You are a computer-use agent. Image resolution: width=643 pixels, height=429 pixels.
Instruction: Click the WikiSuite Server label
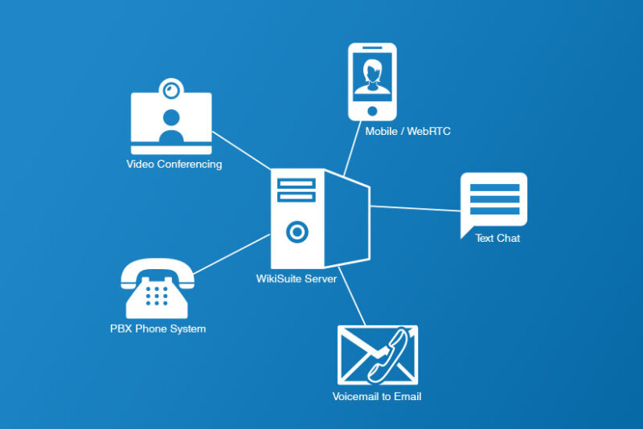click(296, 279)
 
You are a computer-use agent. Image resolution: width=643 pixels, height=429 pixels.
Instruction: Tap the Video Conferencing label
click(174, 164)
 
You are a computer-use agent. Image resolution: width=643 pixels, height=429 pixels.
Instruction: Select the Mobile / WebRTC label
click(408, 131)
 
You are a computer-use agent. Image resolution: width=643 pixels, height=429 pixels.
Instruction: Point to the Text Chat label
click(498, 238)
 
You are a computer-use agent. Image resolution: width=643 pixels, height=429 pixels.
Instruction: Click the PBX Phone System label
click(158, 329)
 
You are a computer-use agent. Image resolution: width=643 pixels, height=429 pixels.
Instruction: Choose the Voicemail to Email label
click(377, 396)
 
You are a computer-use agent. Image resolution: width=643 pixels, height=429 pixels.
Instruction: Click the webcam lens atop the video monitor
click(171, 89)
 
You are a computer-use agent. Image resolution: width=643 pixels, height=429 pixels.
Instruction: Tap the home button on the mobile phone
click(372, 111)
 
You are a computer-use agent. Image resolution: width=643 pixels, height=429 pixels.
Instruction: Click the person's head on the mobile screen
click(373, 70)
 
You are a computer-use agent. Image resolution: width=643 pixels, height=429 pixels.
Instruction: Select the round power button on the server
click(297, 232)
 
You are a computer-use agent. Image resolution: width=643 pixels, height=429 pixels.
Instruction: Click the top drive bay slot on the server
click(296, 183)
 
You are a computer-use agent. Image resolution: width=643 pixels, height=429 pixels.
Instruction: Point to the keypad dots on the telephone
click(157, 296)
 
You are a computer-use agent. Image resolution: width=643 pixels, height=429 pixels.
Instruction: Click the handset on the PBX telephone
click(158, 272)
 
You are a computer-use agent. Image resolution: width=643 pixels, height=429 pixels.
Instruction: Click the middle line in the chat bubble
click(494, 199)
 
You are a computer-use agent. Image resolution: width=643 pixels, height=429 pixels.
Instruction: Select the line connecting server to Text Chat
click(415, 209)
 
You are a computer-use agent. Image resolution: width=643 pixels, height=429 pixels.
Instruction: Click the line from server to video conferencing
click(241, 150)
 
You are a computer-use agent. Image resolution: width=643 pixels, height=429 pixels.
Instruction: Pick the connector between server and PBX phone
click(231, 254)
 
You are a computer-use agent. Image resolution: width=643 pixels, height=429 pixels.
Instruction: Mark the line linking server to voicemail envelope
click(352, 296)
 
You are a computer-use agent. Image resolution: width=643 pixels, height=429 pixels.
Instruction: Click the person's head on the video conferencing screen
click(171, 118)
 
